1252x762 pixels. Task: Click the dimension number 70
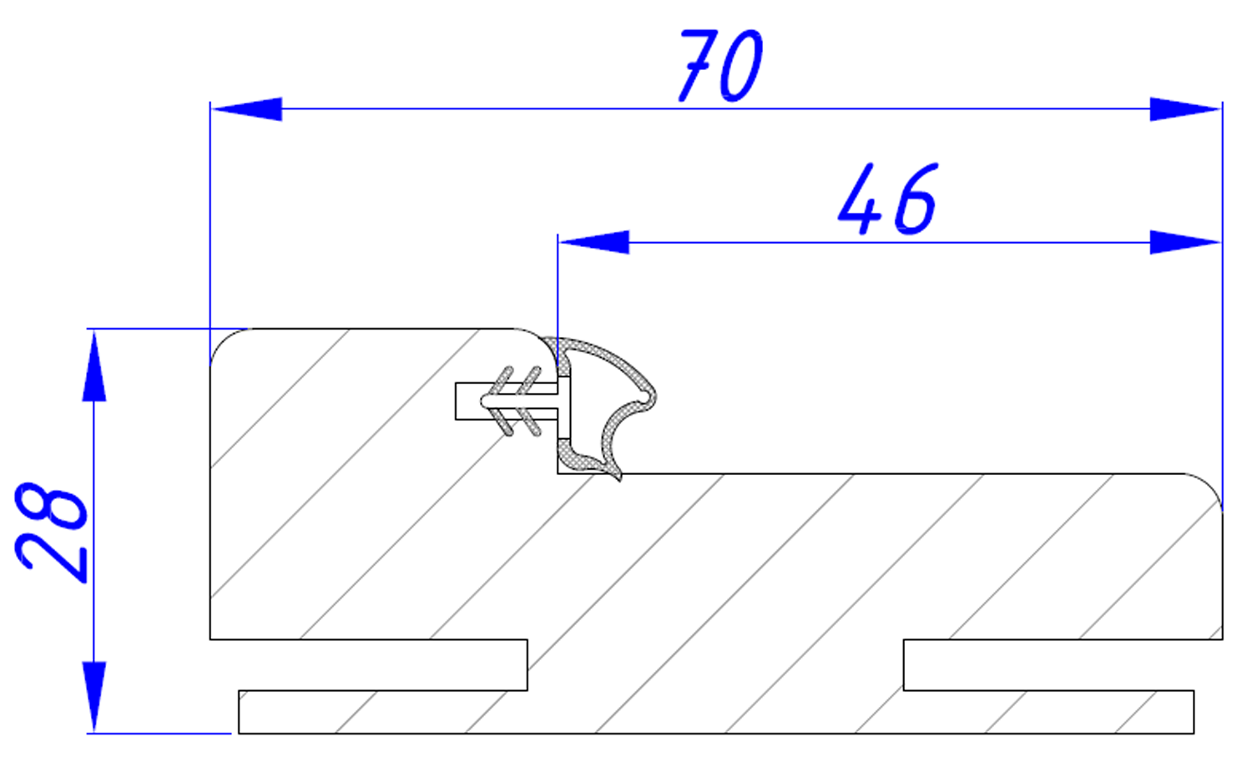coord(720,65)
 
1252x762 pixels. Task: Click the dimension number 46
coord(887,199)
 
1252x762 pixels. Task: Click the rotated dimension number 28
coord(51,532)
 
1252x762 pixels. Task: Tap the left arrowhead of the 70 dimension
coord(246,109)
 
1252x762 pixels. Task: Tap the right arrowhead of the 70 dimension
coord(1185,109)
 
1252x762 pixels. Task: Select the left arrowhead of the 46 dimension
coord(594,242)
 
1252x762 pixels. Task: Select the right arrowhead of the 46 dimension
coord(1185,242)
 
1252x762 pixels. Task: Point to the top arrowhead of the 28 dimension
coord(93,366)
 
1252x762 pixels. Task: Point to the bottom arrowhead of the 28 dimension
coord(93,697)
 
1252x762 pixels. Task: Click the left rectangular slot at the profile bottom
coord(368,664)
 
